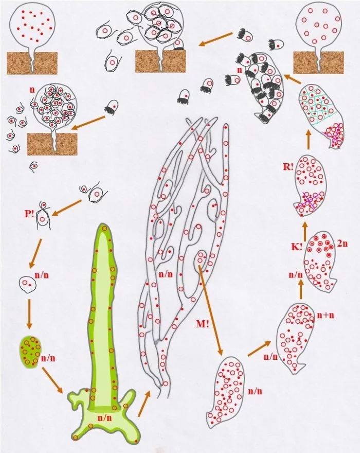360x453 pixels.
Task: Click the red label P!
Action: point(29,214)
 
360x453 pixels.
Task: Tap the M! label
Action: point(203,324)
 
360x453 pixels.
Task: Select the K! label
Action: point(297,247)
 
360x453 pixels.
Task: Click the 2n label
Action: point(342,243)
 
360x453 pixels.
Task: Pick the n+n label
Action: point(326,315)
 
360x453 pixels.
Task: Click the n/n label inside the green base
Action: point(104,418)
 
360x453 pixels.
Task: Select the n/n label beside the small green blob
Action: point(48,358)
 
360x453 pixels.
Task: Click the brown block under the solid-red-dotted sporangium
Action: point(32,63)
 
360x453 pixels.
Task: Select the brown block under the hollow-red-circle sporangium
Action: point(318,63)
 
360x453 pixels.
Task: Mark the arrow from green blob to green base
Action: point(52,380)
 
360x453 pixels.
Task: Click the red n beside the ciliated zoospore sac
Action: point(239,71)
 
